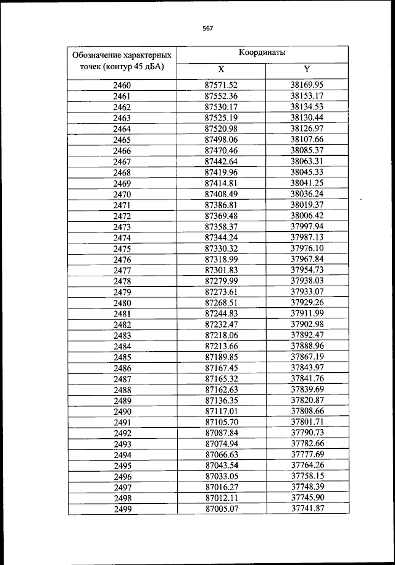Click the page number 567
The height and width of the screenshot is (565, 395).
207,27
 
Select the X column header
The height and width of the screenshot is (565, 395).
221,69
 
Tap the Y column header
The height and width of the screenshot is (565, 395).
307,69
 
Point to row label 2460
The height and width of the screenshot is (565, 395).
122,85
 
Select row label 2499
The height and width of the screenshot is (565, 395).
122,509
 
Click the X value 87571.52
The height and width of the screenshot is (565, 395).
221,85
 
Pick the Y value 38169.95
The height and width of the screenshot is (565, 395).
307,85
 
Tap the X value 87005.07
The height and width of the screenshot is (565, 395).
221,509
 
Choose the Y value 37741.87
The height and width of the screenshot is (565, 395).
307,509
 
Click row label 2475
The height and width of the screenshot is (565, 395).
122,249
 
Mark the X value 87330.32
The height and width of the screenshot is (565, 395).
221,249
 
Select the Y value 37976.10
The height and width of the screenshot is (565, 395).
307,248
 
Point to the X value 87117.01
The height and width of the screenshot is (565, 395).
221,412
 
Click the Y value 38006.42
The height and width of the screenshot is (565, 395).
307,215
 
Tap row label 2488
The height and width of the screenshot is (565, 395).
122,389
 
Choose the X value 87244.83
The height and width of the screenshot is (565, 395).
221,313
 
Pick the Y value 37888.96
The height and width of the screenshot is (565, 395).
307,346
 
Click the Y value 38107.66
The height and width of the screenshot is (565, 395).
307,139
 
